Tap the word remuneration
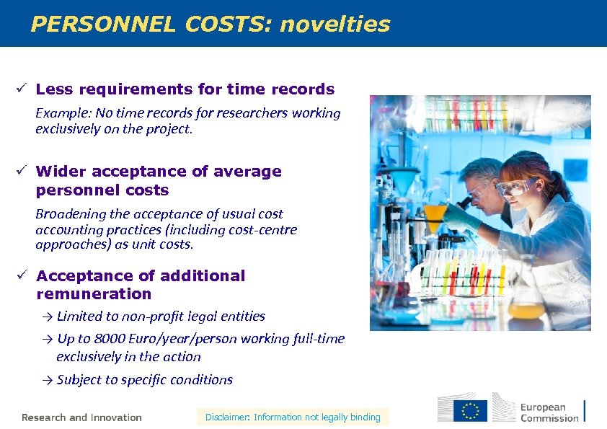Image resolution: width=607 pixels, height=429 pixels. (x=94, y=294)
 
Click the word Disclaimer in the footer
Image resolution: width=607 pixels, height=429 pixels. (x=226, y=417)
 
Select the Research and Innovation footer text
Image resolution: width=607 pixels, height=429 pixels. (x=81, y=417)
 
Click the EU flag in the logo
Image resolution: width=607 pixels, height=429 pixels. (x=470, y=410)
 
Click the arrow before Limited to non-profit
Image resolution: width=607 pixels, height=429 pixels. (x=48, y=317)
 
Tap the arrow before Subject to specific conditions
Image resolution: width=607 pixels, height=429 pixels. (x=48, y=380)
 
